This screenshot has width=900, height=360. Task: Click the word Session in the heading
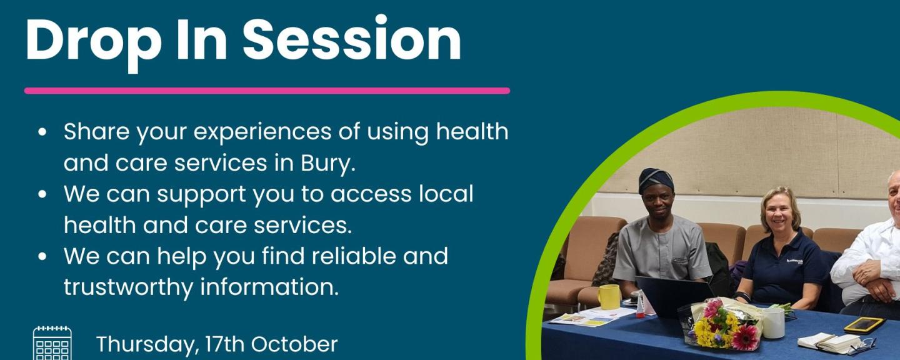[x=352, y=39]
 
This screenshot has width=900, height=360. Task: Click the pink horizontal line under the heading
[x=267, y=91]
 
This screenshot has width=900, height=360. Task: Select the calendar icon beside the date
[x=52, y=344]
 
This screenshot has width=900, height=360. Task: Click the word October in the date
[x=294, y=344]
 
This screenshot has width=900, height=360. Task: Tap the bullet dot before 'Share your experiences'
[x=42, y=132]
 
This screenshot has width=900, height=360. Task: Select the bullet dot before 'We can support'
[x=42, y=194]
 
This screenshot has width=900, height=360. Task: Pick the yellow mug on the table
[x=609, y=297]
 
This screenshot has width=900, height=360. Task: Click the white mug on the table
[x=773, y=322]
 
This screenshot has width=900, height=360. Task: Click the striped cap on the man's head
[x=656, y=181]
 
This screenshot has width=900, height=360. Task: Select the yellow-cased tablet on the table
[x=864, y=324]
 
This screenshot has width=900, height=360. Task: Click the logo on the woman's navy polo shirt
[x=794, y=262]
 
